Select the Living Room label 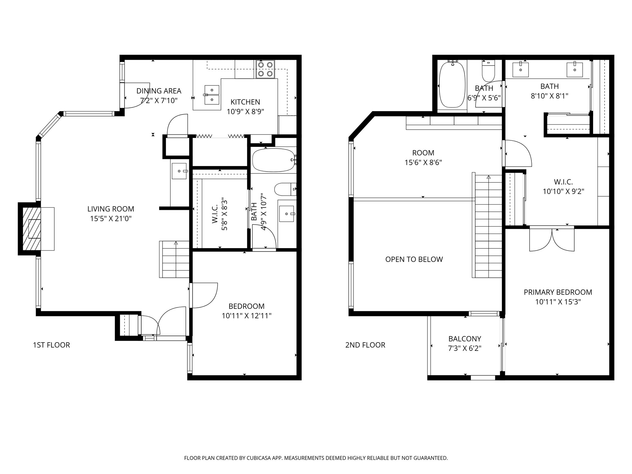[111, 209]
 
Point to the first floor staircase [174, 259]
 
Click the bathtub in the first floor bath [273, 160]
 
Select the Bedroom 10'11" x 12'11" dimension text [247, 316]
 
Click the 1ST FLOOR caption [52, 345]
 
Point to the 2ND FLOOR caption [365, 345]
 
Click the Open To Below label [414, 259]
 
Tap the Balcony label [465, 339]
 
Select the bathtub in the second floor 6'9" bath [452, 85]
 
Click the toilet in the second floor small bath [489, 71]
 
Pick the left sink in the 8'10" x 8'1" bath [521, 70]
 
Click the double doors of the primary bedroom [552, 239]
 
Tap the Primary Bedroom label [558, 292]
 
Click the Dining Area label [159, 91]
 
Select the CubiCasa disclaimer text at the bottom [316, 458]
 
